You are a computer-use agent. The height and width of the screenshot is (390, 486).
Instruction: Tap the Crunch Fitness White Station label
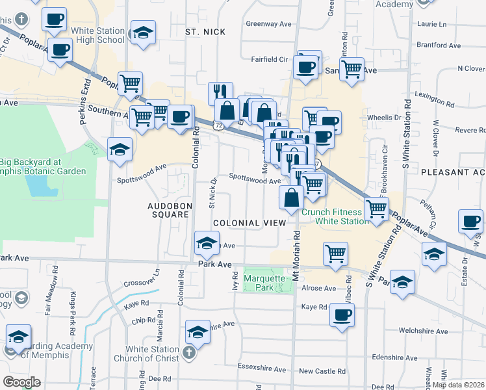coord(341,216)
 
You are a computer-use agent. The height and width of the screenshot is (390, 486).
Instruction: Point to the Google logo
coord(21,382)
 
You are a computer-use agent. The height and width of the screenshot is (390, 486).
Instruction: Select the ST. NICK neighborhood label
coord(205,32)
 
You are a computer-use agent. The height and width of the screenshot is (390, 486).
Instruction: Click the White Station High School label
coord(97,35)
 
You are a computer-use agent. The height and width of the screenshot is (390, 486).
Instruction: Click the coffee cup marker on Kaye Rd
coord(341,316)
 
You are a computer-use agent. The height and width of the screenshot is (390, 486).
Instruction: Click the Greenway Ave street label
coord(269,23)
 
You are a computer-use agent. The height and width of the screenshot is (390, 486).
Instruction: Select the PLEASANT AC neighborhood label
coord(453,172)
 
